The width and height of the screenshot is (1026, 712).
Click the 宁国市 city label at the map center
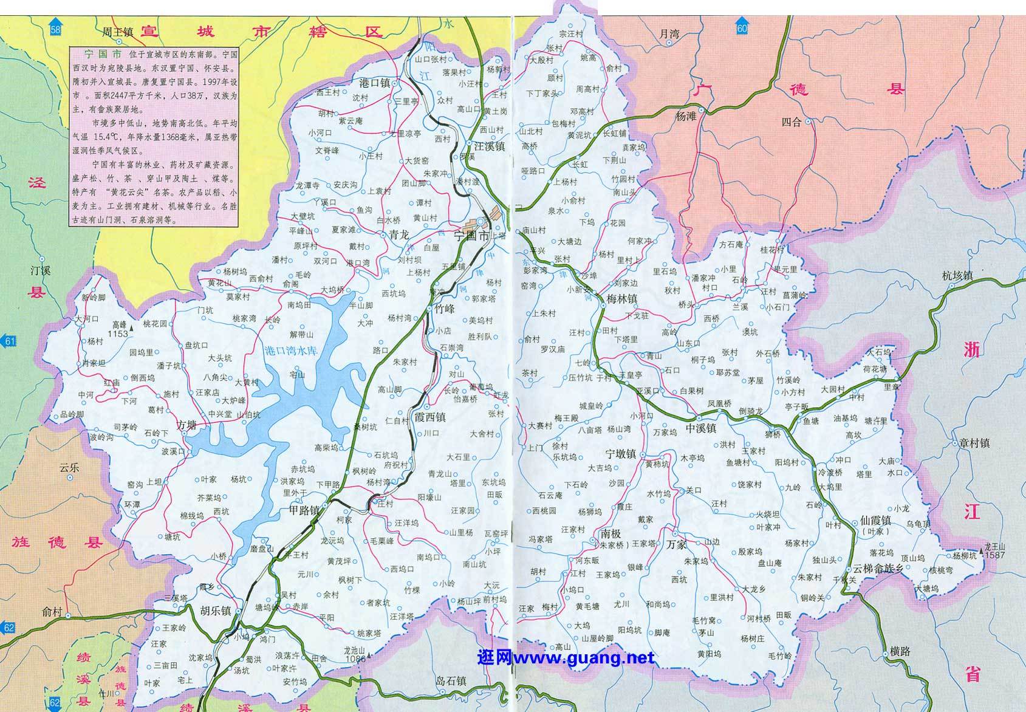point(471,237)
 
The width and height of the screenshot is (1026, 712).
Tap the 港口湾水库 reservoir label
point(292,351)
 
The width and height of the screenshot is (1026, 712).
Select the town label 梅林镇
point(621,299)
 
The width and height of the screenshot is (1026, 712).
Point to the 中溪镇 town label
point(701,428)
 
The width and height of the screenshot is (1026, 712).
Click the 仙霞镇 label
point(875,521)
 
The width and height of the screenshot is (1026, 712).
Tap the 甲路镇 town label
point(304,511)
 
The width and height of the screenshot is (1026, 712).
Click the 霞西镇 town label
point(429,417)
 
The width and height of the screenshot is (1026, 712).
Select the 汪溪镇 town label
point(489,146)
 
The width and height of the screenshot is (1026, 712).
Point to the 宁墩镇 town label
point(620,454)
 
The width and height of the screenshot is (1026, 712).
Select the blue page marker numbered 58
point(56,30)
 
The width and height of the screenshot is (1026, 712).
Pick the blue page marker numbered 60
point(742,29)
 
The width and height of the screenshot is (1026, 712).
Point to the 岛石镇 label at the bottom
point(451,681)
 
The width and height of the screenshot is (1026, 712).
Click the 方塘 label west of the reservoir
point(186,425)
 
